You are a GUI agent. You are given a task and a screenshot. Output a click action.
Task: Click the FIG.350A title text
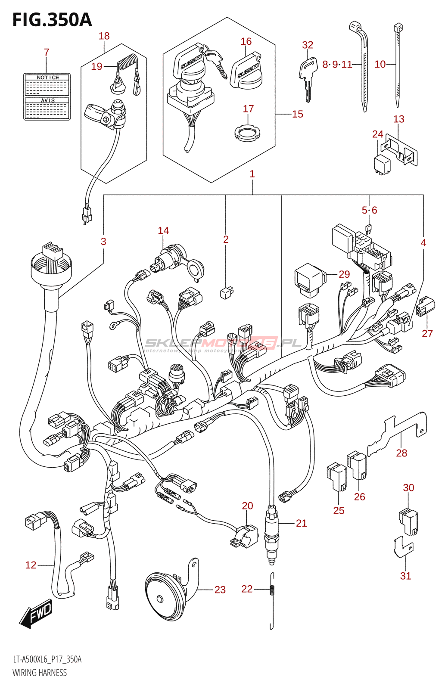click(52, 20)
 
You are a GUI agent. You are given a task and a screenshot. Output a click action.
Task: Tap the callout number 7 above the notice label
click(47, 52)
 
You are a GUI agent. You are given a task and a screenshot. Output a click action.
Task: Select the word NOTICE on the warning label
click(48, 78)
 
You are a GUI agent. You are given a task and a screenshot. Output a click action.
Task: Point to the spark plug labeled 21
click(271, 534)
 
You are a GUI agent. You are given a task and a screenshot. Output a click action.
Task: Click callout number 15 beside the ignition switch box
click(298, 114)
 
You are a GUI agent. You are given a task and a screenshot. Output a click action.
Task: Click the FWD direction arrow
click(37, 614)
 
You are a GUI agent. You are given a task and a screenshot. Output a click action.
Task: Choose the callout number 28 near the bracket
click(401, 453)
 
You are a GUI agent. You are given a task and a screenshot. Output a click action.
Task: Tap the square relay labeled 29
click(309, 279)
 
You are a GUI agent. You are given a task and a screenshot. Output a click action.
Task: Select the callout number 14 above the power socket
click(163, 231)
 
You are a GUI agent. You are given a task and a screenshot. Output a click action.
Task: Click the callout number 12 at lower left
click(31, 565)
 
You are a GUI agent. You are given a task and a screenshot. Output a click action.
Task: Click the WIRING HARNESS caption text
click(40, 673)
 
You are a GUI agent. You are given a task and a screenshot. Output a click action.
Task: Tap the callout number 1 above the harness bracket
click(252, 174)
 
